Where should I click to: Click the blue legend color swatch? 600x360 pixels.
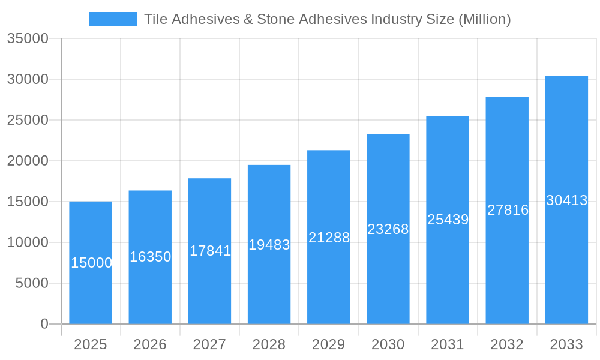pyautogui.click(x=112, y=19)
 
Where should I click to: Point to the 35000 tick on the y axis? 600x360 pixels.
pyautogui.click(x=27, y=38)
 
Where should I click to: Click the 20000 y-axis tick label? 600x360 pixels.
pyautogui.click(x=27, y=161)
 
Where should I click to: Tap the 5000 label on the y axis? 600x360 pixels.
pyautogui.click(x=31, y=283)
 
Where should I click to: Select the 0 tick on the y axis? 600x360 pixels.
pyautogui.click(x=44, y=324)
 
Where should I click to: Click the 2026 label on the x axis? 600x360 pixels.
pyautogui.click(x=150, y=344)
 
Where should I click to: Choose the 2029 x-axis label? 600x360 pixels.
pyautogui.click(x=329, y=344)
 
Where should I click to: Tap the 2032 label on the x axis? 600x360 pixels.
pyautogui.click(x=507, y=344)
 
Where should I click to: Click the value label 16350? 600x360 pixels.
pyautogui.click(x=151, y=257)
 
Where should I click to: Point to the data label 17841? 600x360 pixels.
pyautogui.click(x=210, y=251)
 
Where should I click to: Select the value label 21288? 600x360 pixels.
pyautogui.click(x=329, y=238)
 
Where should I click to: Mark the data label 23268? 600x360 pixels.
pyautogui.click(x=388, y=229)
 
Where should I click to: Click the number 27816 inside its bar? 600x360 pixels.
pyautogui.click(x=508, y=210)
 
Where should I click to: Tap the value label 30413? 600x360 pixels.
pyautogui.click(x=566, y=200)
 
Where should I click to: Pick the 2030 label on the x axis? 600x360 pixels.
pyautogui.click(x=388, y=344)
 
